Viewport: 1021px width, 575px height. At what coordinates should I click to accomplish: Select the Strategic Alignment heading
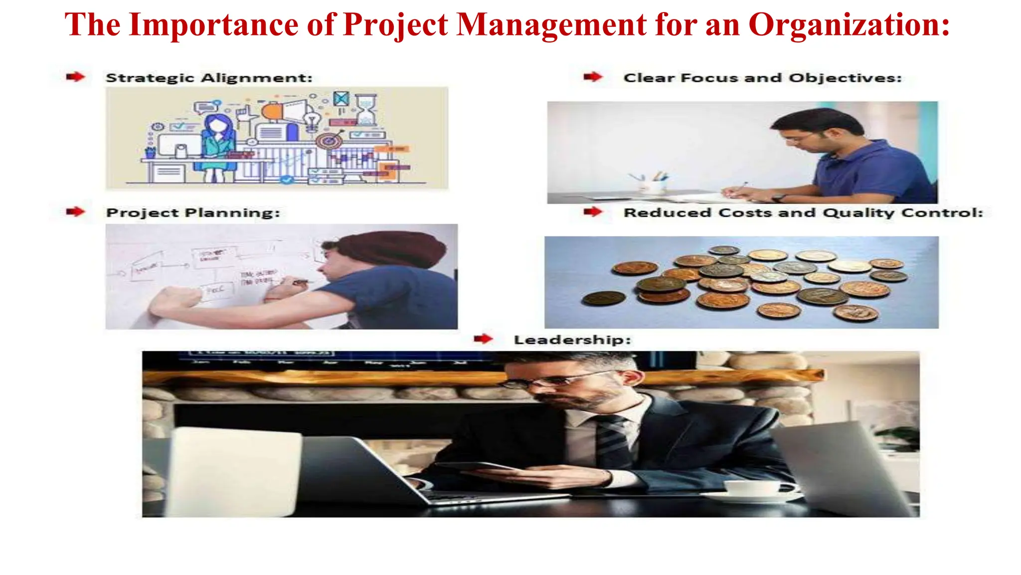[209, 78]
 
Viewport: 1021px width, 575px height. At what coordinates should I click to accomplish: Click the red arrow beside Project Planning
[75, 212]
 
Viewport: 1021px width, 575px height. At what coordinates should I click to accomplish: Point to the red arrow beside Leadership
[483, 339]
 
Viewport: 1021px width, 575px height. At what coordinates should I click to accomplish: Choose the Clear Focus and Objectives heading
[762, 78]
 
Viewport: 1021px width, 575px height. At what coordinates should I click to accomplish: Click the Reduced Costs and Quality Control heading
[803, 213]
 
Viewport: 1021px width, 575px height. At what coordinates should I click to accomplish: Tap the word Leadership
[572, 340]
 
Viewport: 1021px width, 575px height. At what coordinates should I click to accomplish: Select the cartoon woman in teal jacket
[217, 142]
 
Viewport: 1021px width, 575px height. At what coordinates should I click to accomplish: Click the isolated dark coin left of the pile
[604, 298]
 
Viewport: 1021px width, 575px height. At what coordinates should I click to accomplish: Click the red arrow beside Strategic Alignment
[75, 77]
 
